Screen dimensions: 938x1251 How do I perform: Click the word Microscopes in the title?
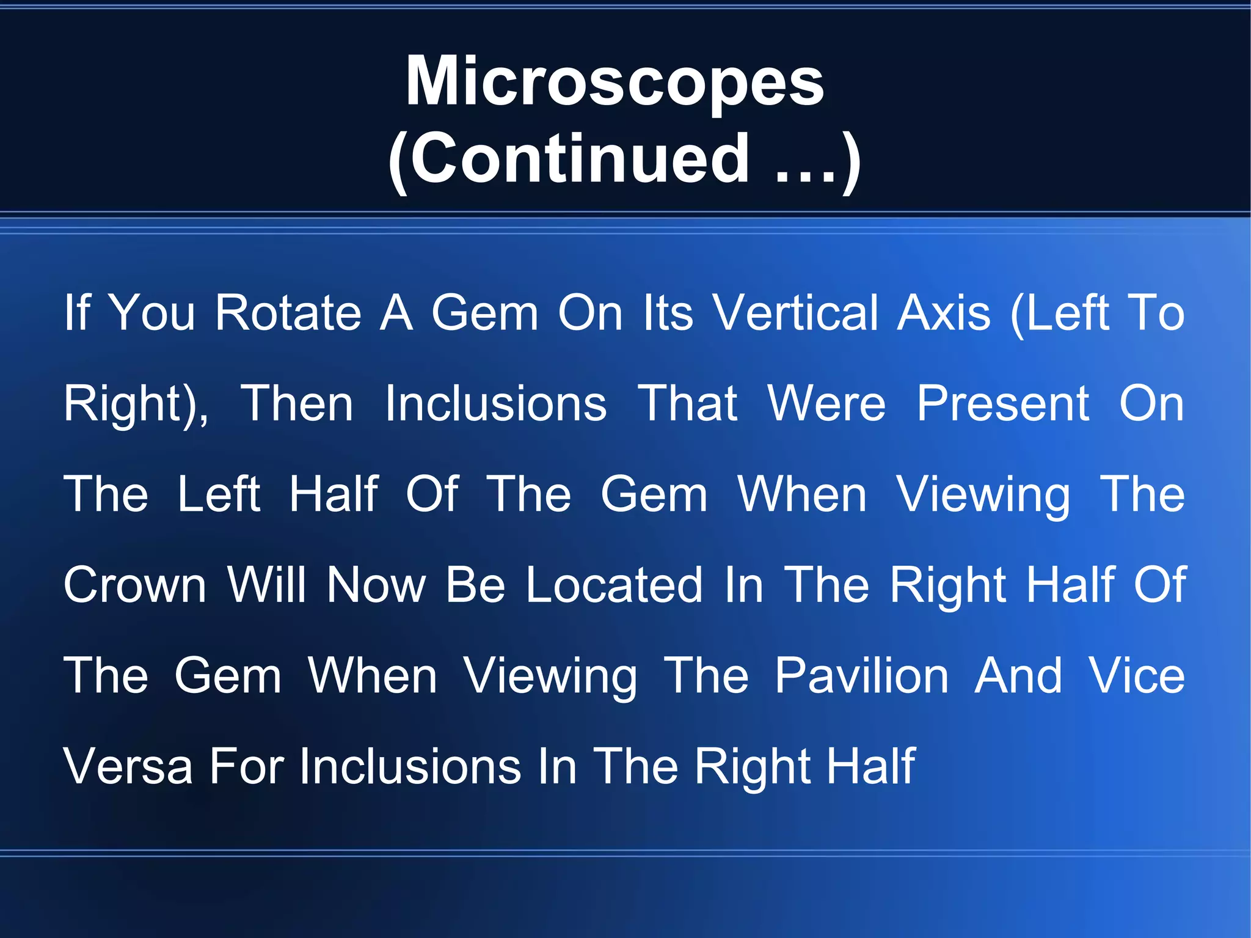point(615,82)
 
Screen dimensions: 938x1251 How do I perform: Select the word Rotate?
point(288,313)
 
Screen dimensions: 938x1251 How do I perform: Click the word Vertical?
point(796,313)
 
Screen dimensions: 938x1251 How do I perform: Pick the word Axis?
point(943,313)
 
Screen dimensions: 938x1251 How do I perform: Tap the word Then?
point(297,404)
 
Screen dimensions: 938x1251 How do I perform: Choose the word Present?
point(1003,404)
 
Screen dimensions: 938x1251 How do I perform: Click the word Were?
point(826,404)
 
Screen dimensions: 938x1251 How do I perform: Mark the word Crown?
point(135,585)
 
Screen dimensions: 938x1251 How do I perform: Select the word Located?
point(614,585)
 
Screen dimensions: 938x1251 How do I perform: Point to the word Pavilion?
point(861,676)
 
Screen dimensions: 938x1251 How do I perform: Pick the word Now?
point(376,585)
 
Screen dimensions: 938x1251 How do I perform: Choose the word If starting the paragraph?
point(77,313)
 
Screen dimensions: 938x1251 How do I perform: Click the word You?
point(152,313)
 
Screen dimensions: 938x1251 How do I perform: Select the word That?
point(688,404)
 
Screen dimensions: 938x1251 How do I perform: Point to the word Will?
point(266,585)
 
